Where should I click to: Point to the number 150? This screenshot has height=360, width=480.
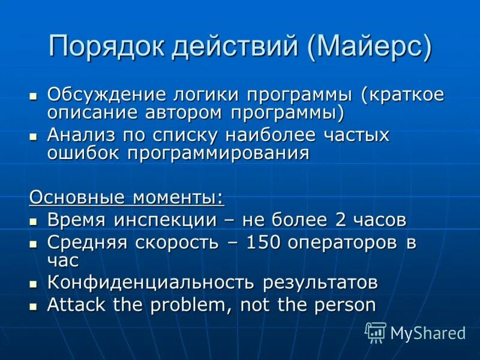point(266,242)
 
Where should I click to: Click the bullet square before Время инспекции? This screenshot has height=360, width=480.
point(34,220)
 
